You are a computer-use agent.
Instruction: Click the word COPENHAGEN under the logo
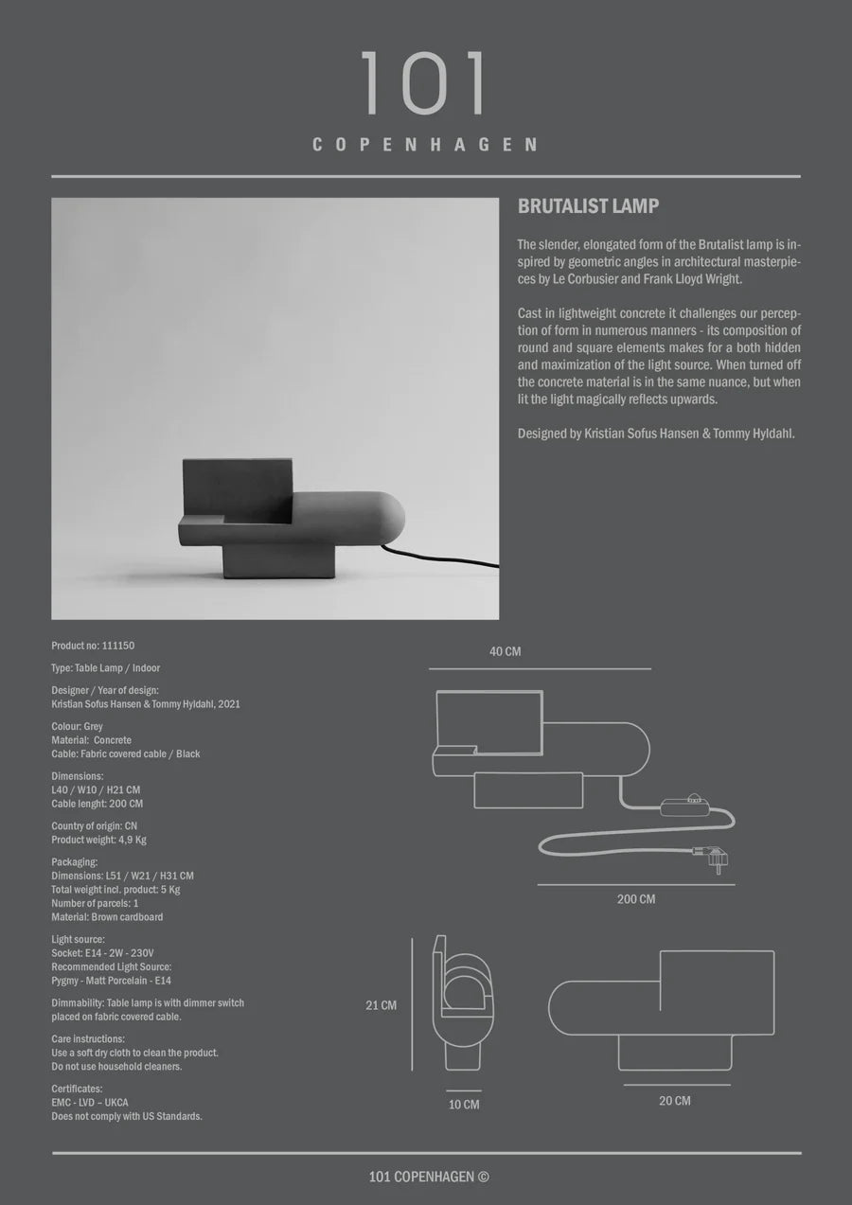point(425,145)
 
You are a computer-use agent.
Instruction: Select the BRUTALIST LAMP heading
point(588,206)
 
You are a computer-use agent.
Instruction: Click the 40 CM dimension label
point(505,652)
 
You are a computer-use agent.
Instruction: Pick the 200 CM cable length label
point(635,899)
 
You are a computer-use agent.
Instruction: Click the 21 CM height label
point(382,1005)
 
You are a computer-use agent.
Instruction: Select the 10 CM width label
point(464,1105)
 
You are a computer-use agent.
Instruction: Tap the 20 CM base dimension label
point(674,1101)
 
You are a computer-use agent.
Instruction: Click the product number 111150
point(118,646)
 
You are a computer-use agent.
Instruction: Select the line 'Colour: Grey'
point(78,727)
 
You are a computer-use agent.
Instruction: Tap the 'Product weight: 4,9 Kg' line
point(98,840)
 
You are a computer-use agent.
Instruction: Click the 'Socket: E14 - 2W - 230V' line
point(102,953)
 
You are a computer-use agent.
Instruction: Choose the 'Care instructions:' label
point(88,1039)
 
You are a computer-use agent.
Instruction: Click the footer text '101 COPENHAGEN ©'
point(428,1178)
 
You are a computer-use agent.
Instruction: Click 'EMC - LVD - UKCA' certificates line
point(90,1103)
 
